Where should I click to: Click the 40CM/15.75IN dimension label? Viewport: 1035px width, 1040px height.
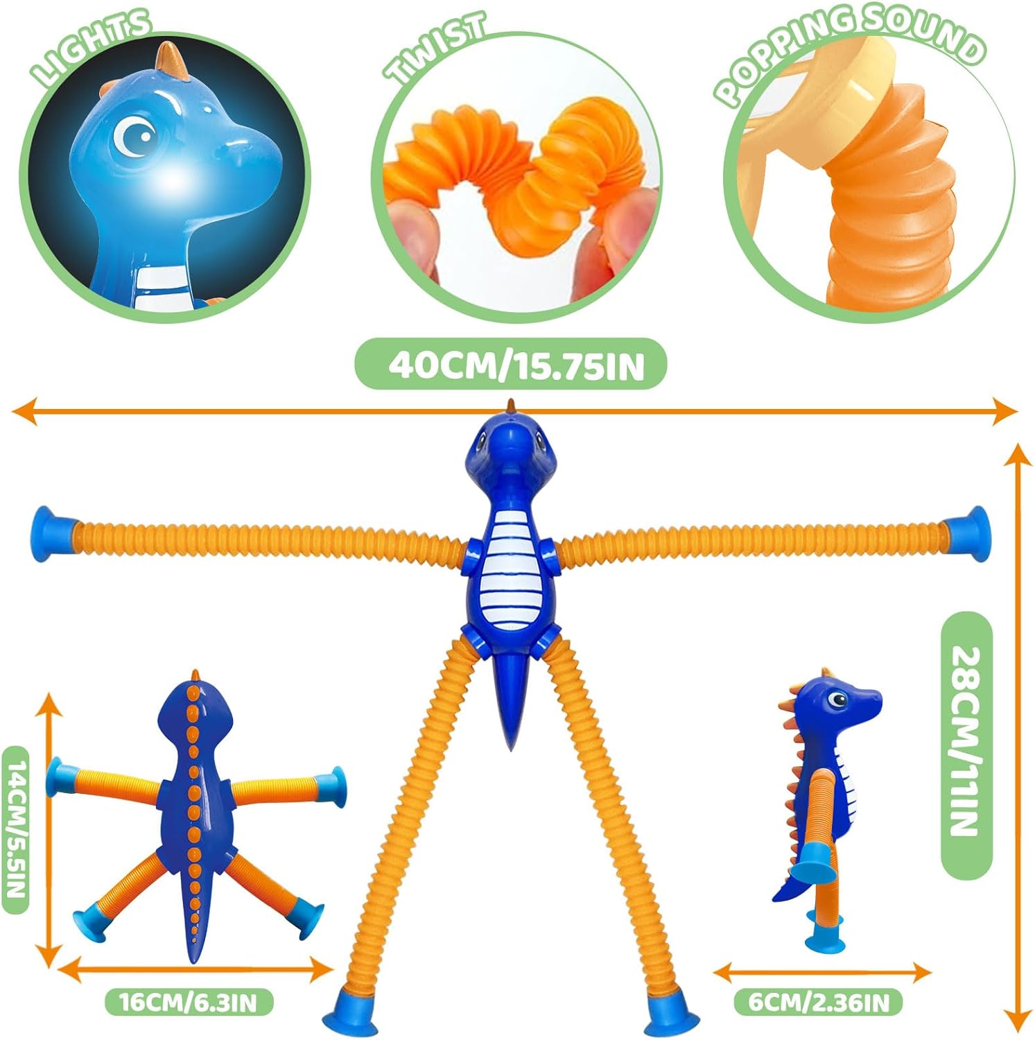516,365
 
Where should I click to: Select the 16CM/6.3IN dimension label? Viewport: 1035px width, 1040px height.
188,1003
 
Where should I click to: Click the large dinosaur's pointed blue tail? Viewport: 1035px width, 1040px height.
512,700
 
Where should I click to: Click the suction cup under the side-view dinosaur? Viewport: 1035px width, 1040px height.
825,933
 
